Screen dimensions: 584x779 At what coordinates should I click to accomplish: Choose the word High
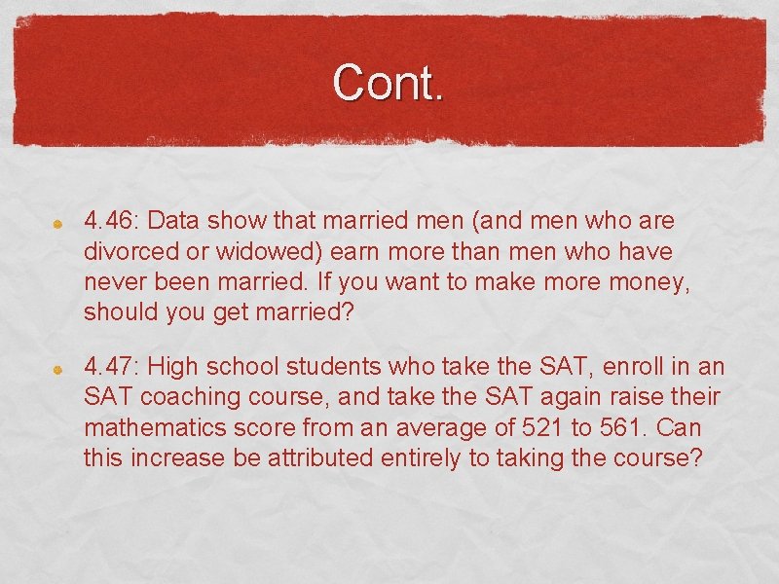pos(174,367)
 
